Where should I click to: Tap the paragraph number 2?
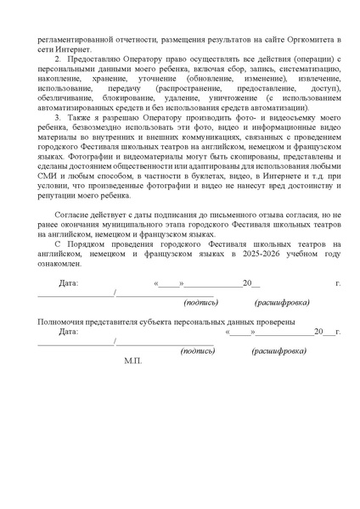[59, 59]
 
